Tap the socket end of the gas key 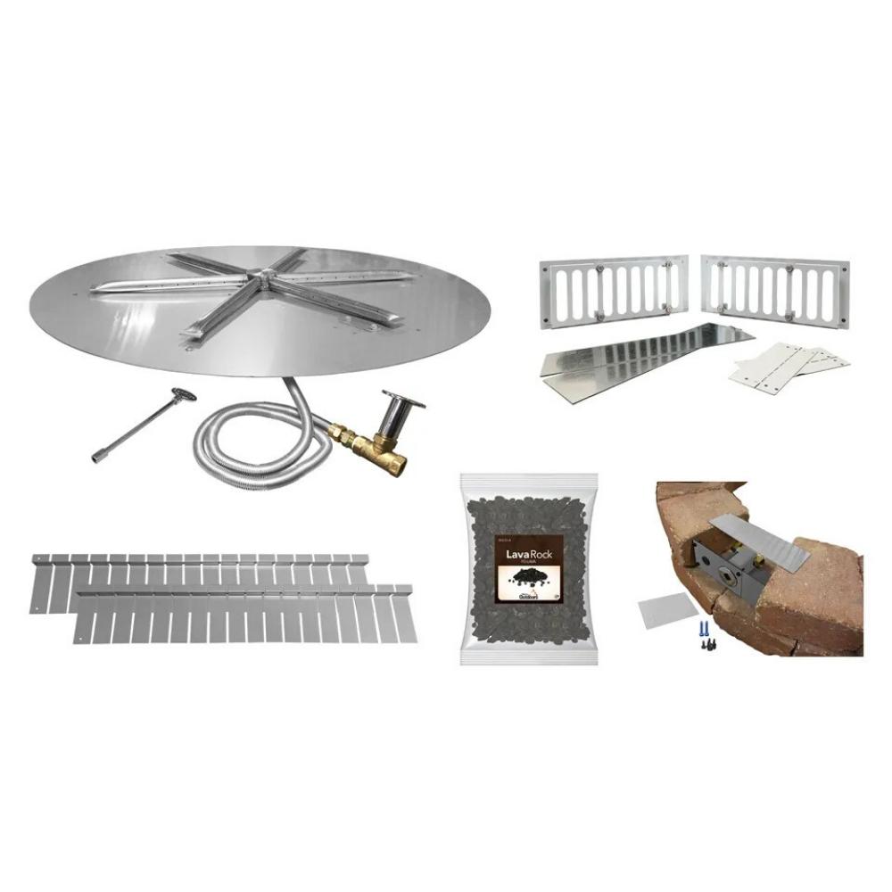[97, 458]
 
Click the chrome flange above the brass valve [401, 399]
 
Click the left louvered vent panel [615, 290]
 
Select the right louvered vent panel [774, 290]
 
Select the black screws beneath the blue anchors [702, 644]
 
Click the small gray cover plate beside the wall [668, 612]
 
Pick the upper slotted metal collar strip [201, 580]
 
